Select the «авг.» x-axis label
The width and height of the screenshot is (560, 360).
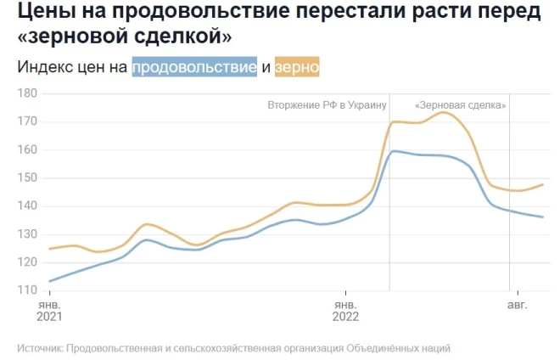pyautogui.click(x=517, y=303)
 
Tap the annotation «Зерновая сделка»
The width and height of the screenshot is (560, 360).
pyautogui.click(x=461, y=105)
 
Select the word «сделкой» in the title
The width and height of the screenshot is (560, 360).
pyautogui.click(x=184, y=38)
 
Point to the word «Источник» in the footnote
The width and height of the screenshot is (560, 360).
pyautogui.click(x=39, y=348)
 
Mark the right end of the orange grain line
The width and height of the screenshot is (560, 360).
pyautogui.click(x=543, y=184)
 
